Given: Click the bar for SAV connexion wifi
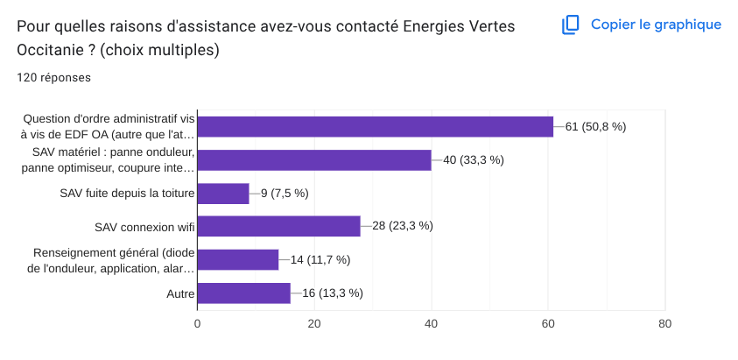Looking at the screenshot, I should [x=278, y=226].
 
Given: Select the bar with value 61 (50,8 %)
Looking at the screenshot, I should [x=375, y=127].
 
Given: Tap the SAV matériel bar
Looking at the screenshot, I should [x=313, y=159].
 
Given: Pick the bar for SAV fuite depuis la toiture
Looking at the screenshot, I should [x=223, y=193].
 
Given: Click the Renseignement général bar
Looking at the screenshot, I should [x=237, y=259].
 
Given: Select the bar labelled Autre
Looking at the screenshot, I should [x=243, y=293].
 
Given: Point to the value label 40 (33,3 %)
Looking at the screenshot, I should [x=473, y=159].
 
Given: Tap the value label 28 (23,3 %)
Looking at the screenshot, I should [x=403, y=226].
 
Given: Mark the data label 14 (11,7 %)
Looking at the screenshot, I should [x=320, y=259].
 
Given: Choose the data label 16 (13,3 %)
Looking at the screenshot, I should [x=333, y=293].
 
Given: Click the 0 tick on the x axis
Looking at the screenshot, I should [x=197, y=323].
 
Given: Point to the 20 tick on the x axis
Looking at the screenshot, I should [x=314, y=323].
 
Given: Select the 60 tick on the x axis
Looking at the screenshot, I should [x=548, y=323].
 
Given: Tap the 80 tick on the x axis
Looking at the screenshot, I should [x=665, y=323].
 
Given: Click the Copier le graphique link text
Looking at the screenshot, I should [x=656, y=25].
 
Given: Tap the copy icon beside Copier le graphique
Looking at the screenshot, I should [x=571, y=25].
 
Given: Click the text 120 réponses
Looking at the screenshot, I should [x=54, y=77].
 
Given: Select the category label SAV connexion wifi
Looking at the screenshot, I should [x=144, y=227].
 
